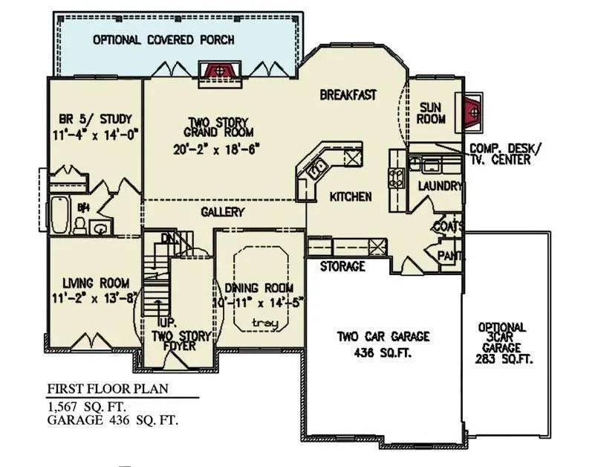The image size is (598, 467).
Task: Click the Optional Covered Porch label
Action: point(163,39)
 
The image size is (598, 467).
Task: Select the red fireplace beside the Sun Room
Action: point(472,111)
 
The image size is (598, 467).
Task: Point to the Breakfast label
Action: point(348,95)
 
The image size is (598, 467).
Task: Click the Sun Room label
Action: point(431,113)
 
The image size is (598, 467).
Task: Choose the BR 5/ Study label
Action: point(95,118)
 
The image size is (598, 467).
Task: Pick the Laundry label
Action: point(440,186)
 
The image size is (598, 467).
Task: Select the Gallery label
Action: point(222,213)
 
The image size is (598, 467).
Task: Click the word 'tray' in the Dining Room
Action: point(260,322)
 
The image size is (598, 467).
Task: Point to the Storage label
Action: point(342,265)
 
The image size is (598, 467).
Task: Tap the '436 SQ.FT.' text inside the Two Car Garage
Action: point(383,352)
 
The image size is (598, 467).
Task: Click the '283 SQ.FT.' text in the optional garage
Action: point(502,358)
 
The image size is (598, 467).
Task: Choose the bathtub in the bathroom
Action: point(58,215)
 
